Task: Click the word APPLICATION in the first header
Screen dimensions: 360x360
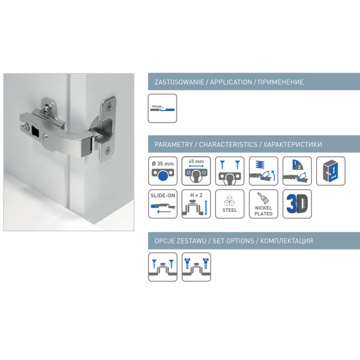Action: (231, 82)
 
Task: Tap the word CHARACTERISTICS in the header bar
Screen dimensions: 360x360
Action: (228, 145)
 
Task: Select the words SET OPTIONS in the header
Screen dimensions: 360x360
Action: (233, 241)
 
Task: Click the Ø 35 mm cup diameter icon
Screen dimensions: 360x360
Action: (163, 171)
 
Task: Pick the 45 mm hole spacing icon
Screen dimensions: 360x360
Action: (196, 171)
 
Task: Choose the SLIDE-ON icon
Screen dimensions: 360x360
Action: (163, 204)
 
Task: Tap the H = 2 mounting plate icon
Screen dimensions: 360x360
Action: (196, 204)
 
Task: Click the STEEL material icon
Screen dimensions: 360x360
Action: (230, 204)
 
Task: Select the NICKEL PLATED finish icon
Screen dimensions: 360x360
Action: (263, 204)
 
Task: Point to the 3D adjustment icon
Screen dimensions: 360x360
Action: (297, 204)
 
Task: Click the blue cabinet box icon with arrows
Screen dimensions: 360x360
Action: (331, 171)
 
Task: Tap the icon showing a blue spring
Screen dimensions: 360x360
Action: (263, 171)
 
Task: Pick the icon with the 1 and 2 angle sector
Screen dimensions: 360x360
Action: (297, 171)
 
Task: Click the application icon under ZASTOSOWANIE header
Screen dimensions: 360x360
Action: (163, 108)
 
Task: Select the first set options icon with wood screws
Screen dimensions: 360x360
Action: (163, 267)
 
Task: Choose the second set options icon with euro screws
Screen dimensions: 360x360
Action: (196, 267)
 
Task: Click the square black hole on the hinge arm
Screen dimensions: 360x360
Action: (36, 131)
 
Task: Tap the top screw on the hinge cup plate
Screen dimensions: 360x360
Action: (110, 106)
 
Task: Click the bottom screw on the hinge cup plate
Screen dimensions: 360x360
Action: (108, 151)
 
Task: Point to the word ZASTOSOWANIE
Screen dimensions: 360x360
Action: (179, 82)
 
